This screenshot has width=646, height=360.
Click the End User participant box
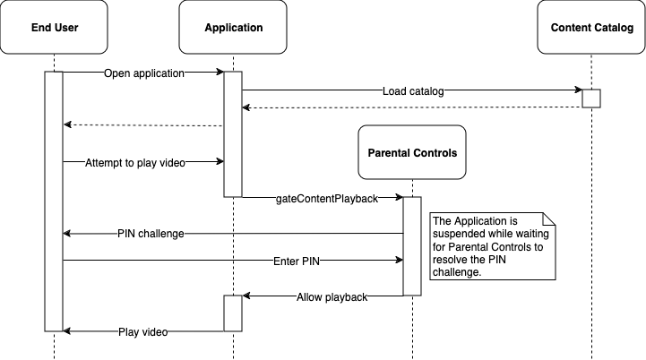54,27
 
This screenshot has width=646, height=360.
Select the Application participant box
233,27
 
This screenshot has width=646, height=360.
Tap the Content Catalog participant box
591,27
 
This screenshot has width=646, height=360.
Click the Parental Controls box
412,152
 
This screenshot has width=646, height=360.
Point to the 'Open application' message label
143,73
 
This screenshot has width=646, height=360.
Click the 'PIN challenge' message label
151,234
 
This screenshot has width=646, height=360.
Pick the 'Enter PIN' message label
297,261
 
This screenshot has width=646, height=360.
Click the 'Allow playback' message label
332,296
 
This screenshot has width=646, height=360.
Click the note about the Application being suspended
488,246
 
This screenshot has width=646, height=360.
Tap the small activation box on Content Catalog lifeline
591,99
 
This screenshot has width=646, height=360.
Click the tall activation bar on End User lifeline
54,201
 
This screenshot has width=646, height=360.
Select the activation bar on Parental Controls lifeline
412,246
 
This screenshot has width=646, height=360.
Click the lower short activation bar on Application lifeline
233,313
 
